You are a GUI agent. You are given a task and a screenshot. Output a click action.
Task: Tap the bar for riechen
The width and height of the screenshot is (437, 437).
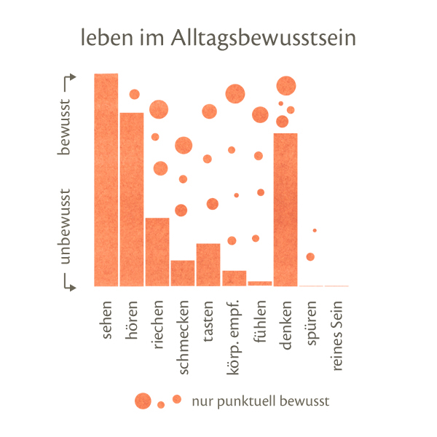pos(157,251)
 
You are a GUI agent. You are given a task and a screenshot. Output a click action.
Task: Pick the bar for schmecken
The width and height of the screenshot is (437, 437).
pos(183,273)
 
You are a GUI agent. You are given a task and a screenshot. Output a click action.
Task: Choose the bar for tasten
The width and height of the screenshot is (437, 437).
pos(208,264)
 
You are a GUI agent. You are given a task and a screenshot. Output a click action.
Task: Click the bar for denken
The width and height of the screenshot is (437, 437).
pos(286,209)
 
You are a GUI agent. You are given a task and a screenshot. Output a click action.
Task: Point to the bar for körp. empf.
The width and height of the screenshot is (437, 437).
pos(234,278)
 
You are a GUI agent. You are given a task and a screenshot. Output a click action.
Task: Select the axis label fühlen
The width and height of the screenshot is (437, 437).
pos(260,319)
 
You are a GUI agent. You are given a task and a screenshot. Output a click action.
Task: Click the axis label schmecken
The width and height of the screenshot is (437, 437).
pos(183,336)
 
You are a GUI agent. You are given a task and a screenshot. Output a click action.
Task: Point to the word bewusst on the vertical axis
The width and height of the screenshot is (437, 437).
pos(66,126)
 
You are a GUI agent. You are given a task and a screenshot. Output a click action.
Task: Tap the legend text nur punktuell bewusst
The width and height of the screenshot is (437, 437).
pos(261,401)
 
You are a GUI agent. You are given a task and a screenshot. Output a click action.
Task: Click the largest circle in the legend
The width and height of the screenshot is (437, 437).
pos(143,400)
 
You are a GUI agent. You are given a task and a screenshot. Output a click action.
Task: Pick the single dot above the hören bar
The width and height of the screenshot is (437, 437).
pos(134,94)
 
